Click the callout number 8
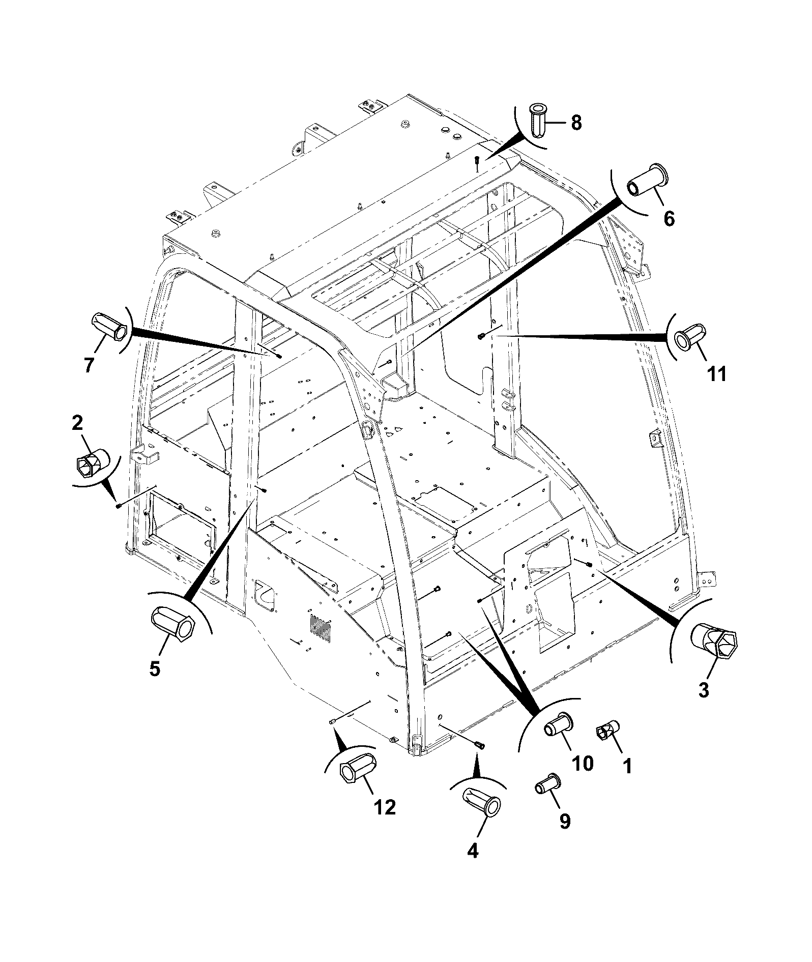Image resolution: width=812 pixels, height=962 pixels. [x=576, y=123]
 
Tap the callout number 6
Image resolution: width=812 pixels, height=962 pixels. [x=669, y=219]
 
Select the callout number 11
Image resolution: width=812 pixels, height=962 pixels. [x=717, y=374]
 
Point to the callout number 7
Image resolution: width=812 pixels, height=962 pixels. [x=89, y=365]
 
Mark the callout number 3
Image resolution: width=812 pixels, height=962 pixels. [x=704, y=690]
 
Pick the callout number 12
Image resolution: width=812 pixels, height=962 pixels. [x=385, y=807]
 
